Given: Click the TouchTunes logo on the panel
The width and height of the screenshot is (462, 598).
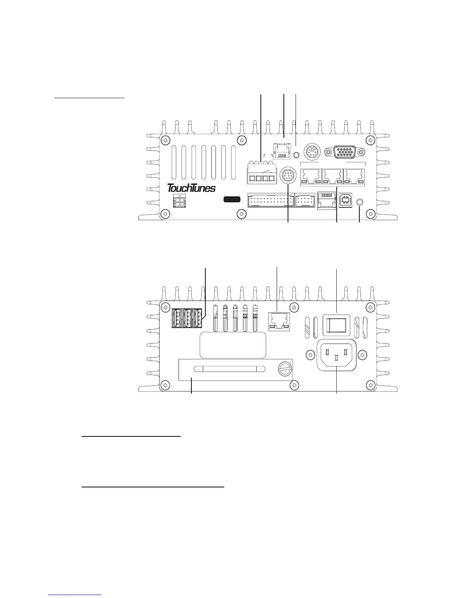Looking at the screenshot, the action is coord(191,188).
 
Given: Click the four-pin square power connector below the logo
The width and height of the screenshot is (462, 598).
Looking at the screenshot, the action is coord(180,201).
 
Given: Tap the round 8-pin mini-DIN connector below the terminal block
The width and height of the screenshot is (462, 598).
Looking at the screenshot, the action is coord(288,176).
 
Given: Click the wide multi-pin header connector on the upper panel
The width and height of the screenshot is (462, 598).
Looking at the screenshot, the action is coord(270,200).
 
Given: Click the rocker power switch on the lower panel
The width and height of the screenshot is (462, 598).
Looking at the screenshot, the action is coord(336,324).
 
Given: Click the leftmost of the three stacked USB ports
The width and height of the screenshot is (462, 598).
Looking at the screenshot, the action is coord(176,318).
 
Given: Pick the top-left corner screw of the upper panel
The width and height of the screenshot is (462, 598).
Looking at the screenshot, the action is coord(164,140).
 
